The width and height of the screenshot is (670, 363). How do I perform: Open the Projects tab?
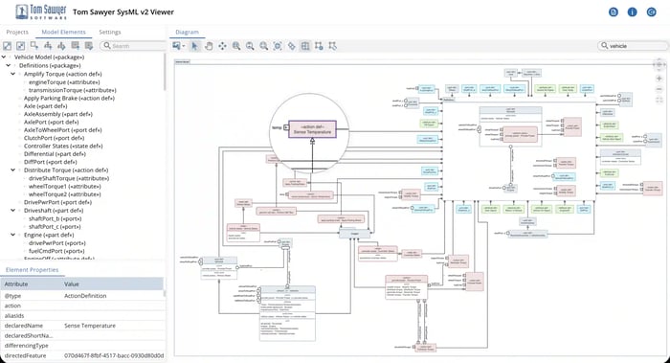17,33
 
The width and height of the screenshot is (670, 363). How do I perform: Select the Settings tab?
110,33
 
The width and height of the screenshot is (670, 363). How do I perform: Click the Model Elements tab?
63,33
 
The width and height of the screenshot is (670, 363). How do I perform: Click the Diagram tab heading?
186,33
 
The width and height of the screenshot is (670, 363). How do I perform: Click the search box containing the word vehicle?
627,45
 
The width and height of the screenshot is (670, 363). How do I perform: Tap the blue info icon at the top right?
632,12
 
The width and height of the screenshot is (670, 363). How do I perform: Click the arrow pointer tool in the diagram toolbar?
195,45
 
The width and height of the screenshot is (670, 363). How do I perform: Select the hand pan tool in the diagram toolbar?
209,45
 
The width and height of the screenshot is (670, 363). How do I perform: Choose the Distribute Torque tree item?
66,170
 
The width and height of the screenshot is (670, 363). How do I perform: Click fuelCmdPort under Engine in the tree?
59,251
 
